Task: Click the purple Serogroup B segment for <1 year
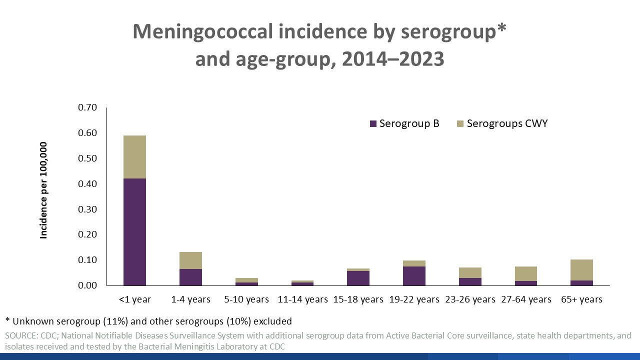[x=135, y=232]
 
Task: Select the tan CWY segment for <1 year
[x=135, y=157]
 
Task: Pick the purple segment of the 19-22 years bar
[x=414, y=276]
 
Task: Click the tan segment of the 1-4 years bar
[x=191, y=260]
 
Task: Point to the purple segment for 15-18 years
[x=358, y=278]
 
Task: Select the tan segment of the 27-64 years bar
[x=526, y=273]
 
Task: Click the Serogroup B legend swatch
[x=372, y=123]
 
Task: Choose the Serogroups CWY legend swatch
[x=460, y=123]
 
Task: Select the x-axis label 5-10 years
[x=247, y=299]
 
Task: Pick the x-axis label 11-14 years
[x=302, y=299]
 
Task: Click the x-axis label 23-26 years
[x=470, y=299]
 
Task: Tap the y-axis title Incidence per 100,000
[x=44, y=190]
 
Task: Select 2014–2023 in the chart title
[x=390, y=59]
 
